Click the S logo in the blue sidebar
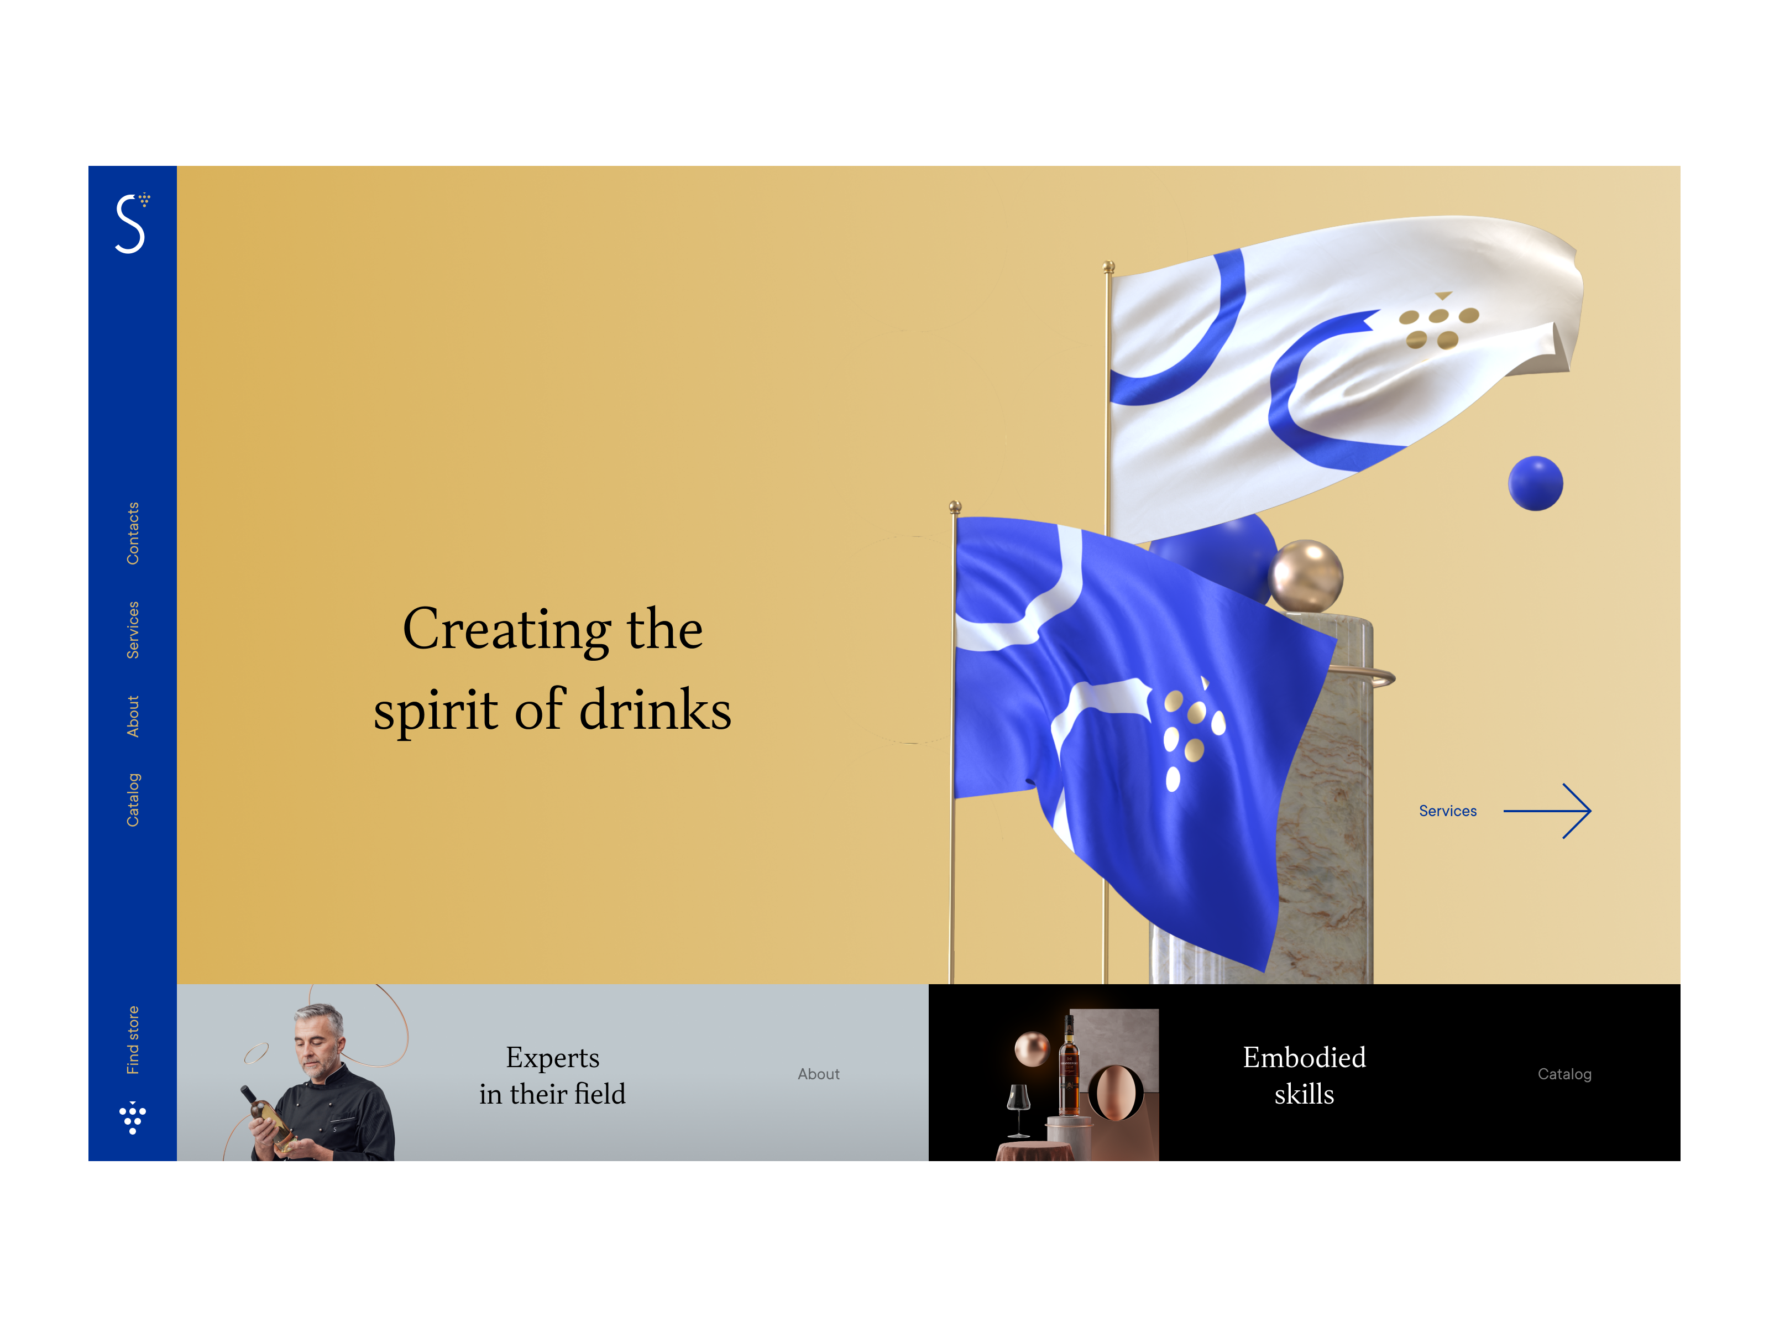click(131, 224)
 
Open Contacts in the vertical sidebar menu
click(133, 534)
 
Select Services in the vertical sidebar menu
click(133, 630)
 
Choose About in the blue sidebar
click(133, 716)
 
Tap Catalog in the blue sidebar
click(133, 800)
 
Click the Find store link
click(133, 1040)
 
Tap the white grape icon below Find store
click(133, 1117)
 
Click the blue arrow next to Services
click(1547, 811)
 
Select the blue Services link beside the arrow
click(1447, 811)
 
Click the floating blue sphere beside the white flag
click(1536, 483)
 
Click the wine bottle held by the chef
click(268, 1116)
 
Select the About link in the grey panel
click(818, 1074)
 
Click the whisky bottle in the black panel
click(1069, 1067)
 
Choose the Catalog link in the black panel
click(1564, 1074)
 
